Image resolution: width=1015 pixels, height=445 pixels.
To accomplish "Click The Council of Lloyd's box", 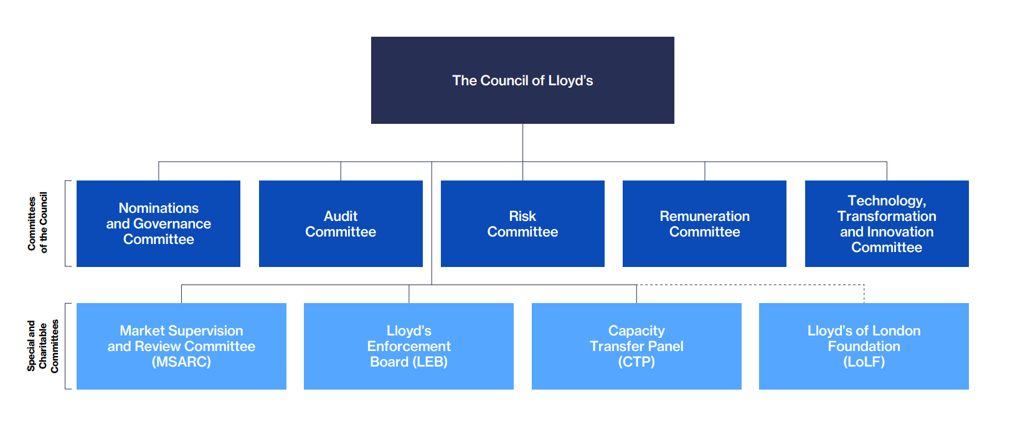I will (522, 80).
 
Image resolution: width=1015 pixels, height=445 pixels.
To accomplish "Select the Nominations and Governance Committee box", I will (158, 223).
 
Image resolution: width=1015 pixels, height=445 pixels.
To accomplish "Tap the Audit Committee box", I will (341, 223).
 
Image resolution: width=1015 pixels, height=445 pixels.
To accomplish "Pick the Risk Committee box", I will (522, 223).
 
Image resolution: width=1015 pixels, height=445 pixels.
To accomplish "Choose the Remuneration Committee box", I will (704, 223).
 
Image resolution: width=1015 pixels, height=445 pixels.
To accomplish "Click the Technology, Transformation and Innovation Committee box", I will (887, 223).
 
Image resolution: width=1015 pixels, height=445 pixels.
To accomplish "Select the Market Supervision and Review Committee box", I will (181, 346).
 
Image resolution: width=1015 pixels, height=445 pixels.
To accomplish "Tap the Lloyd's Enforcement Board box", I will (408, 346).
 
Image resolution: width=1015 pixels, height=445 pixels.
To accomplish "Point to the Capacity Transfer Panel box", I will (636, 346).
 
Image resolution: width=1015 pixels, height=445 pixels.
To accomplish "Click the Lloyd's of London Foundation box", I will (864, 346).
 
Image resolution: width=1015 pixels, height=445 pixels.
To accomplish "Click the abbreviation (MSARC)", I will (181, 362).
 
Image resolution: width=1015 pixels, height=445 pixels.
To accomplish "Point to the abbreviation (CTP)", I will (636, 362).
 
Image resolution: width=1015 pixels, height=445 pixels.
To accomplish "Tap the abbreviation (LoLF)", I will (864, 362).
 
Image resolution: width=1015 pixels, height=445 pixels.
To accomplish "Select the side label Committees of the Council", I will (37, 222).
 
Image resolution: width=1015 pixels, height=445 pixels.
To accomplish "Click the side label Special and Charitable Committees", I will (42, 346).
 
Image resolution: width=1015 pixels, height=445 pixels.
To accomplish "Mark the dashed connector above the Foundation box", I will (750, 285).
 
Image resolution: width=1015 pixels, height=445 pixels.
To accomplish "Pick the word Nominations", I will (159, 208).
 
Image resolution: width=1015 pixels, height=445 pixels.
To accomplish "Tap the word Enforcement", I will (408, 346).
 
